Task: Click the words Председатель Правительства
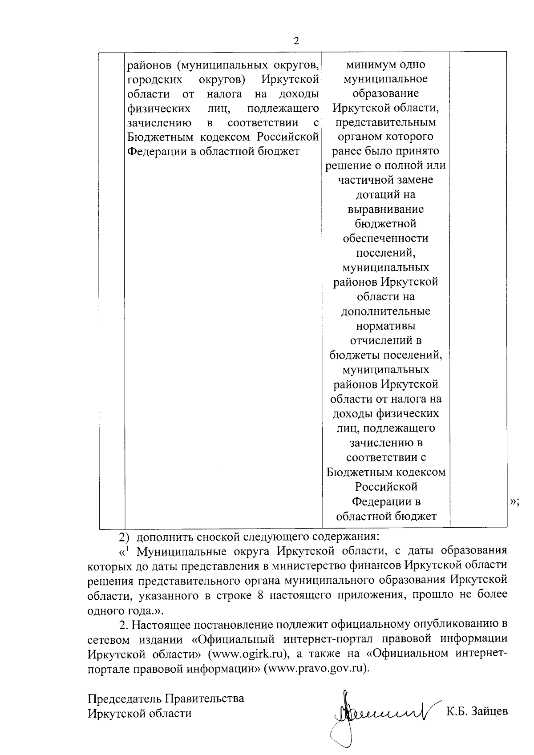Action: [x=166, y=698]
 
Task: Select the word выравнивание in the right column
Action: [x=386, y=209]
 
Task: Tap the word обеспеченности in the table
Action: [x=386, y=238]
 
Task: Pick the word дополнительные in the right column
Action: [x=386, y=311]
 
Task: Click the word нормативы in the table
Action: [x=386, y=326]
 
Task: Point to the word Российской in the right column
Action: [x=386, y=486]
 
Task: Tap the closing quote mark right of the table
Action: [x=514, y=502]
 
